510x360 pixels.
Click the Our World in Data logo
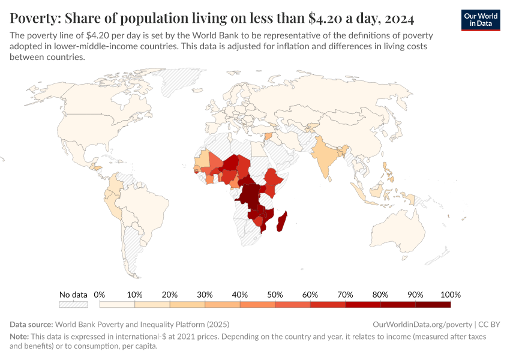481,20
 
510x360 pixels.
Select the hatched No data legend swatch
74,305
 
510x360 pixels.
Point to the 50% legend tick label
275,295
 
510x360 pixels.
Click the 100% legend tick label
450,295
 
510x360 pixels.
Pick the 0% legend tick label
100,295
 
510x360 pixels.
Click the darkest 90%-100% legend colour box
433,305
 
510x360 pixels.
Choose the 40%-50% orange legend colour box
257,305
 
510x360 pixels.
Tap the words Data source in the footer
31,324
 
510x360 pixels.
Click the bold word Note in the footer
19,337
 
